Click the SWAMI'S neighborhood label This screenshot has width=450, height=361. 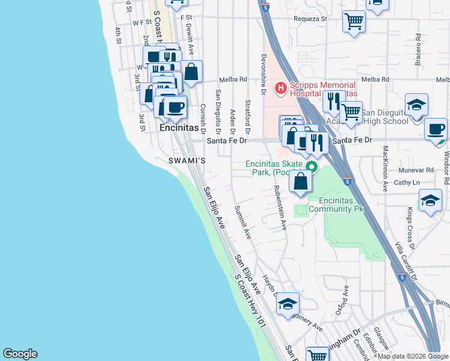pos(187,161)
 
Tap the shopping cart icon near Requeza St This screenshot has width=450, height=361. pos(354,22)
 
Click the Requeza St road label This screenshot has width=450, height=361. pos(310,19)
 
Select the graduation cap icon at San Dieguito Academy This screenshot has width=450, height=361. pos(416,105)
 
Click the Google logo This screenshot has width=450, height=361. pos(20,354)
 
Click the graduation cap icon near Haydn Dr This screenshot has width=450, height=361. pos(288,303)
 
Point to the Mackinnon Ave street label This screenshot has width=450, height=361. pos(385,169)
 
